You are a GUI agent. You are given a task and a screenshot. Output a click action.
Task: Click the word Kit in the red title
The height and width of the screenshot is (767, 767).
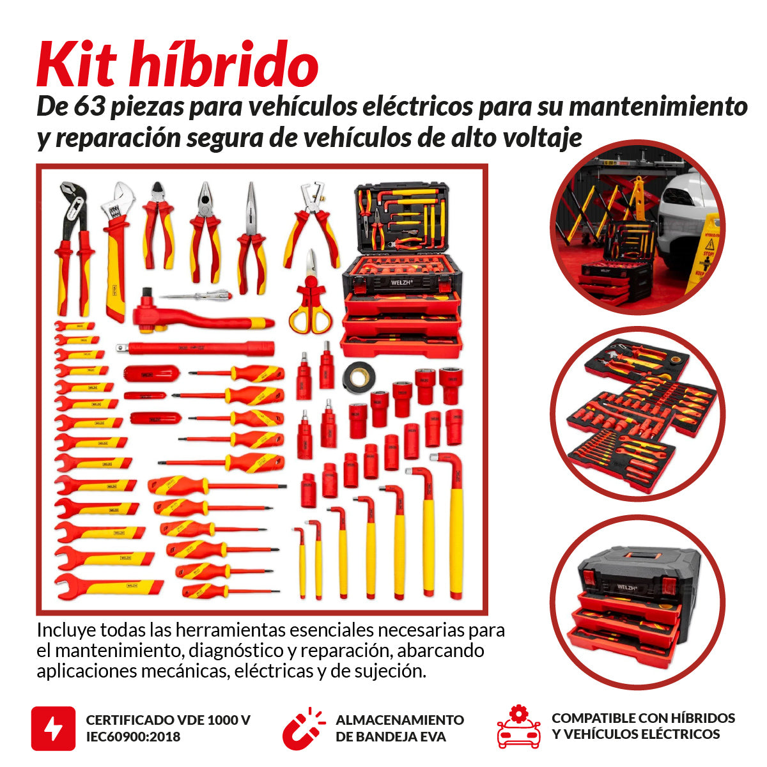point(77,65)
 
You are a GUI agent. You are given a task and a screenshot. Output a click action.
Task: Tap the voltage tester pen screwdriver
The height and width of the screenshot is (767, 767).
point(195,295)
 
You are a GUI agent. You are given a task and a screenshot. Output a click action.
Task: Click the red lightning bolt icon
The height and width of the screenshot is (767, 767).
point(53,728)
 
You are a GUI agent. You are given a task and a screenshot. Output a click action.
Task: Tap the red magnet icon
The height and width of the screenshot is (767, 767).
point(302,728)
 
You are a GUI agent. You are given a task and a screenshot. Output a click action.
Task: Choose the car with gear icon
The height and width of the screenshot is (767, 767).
point(518,728)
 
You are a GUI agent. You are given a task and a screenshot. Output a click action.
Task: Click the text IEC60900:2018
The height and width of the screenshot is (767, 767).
point(133,737)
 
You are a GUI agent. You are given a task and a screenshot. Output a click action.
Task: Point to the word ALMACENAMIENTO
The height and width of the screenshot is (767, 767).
point(399,720)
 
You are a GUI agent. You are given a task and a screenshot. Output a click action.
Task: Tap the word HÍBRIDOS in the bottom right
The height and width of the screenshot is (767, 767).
point(701,718)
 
